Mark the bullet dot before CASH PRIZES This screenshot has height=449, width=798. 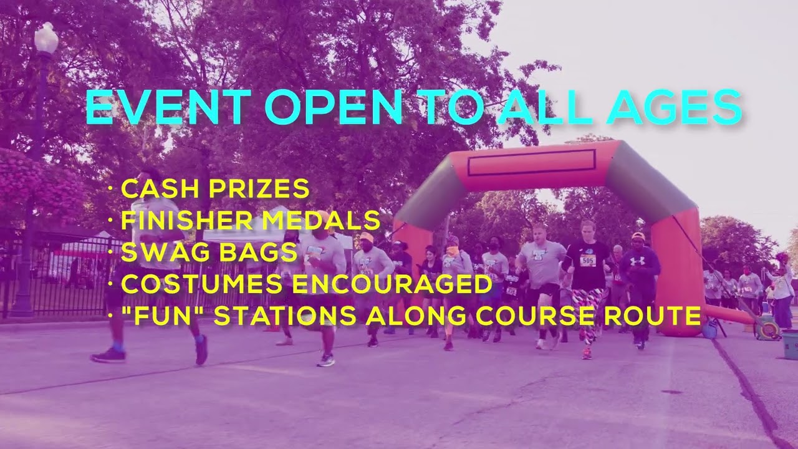(x=110, y=189)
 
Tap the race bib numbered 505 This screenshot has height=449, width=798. (x=587, y=260)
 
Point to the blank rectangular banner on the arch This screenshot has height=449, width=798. (x=531, y=162)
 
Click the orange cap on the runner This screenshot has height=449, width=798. (x=367, y=238)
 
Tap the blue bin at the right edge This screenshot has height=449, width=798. (x=790, y=344)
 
